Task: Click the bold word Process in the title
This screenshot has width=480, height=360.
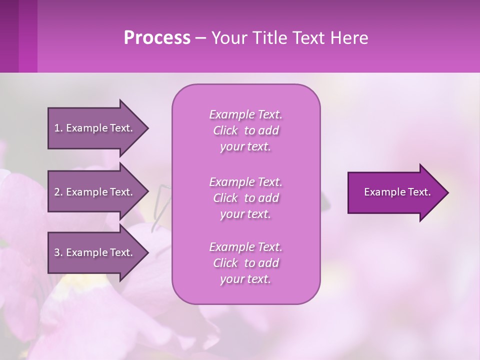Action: (x=156, y=38)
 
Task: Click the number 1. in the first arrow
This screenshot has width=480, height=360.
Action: (x=58, y=128)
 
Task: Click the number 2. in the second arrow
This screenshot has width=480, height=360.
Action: (x=58, y=192)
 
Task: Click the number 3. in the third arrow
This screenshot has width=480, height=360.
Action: (x=58, y=252)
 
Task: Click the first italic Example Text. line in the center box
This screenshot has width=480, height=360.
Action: (x=245, y=114)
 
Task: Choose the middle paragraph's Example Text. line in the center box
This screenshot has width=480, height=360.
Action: (x=245, y=181)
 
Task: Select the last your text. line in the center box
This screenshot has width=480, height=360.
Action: (x=245, y=279)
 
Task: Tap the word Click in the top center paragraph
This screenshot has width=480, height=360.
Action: (x=225, y=130)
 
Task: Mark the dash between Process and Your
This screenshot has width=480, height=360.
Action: (x=201, y=38)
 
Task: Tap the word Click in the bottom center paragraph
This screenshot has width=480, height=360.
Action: (x=225, y=263)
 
